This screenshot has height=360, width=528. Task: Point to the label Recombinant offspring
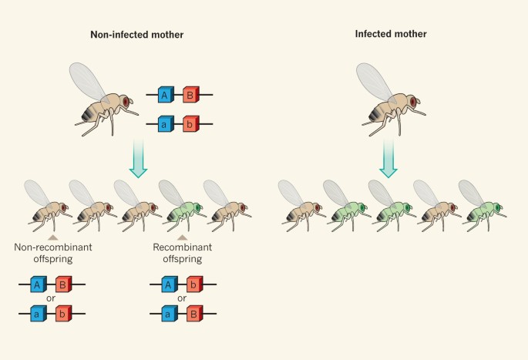pos(182,254)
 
